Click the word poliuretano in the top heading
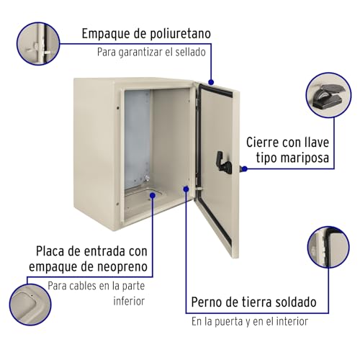click(171, 34)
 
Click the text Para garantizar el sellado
click(151, 53)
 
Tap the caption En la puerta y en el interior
click(249, 321)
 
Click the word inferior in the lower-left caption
click(130, 302)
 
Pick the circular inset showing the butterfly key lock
click(329, 96)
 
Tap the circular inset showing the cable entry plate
click(31, 306)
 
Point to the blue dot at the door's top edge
click(210, 81)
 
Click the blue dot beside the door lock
click(244, 168)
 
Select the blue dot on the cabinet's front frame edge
click(186, 189)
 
